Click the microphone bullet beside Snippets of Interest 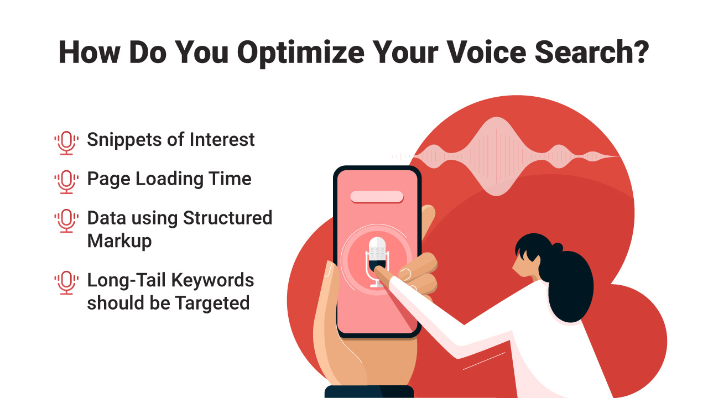pyautogui.click(x=66, y=143)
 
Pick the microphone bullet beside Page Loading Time pyautogui.click(x=66, y=182)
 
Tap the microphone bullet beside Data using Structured pyautogui.click(x=66, y=221)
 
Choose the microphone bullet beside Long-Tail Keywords pyautogui.click(x=66, y=282)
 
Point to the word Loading pyautogui.click(x=169, y=179)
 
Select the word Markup pyautogui.click(x=119, y=242)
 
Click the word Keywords pyautogui.click(x=212, y=280)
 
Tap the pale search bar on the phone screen pyautogui.click(x=377, y=197)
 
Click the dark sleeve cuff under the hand pyautogui.click(x=369, y=392)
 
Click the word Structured pyautogui.click(x=227, y=218)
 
